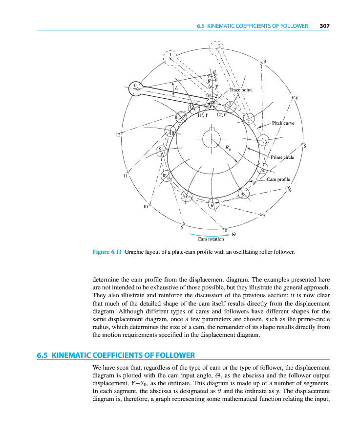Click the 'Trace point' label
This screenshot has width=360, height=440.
click(240, 90)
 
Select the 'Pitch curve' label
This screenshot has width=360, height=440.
click(283, 123)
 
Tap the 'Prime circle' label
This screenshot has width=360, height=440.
click(282, 157)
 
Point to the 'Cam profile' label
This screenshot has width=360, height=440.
click(278, 179)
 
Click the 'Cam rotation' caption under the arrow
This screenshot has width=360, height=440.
click(211, 239)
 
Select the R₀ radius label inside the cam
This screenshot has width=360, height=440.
click(228, 147)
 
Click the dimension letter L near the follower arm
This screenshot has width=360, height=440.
click(176, 88)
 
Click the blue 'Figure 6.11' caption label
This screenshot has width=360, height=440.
click(106, 252)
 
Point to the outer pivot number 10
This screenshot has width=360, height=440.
click(146, 207)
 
